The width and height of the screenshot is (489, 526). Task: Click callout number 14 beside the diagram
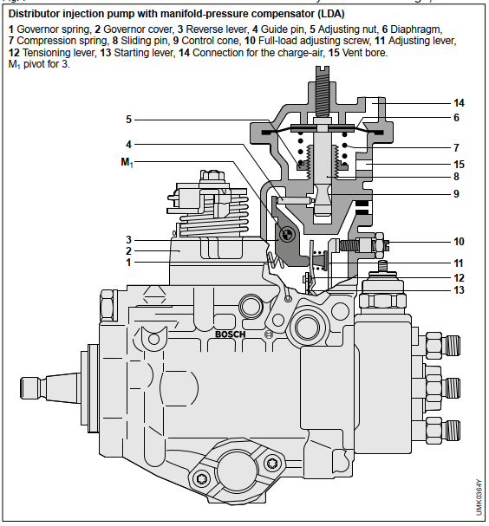tap(459, 103)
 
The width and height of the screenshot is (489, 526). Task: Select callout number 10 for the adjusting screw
tap(459, 242)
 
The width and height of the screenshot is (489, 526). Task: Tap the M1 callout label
tap(127, 162)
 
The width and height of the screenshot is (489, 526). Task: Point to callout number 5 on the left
tap(128, 120)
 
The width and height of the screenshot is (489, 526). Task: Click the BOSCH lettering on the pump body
tap(231, 334)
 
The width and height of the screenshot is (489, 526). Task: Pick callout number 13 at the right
tap(459, 289)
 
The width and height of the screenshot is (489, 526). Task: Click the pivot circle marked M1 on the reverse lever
tap(287, 234)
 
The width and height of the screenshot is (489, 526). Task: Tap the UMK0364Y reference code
tap(479, 497)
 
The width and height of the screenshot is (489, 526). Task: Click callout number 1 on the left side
tap(128, 263)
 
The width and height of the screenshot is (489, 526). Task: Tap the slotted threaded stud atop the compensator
tap(323, 91)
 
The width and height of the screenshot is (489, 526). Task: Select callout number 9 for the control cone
tap(456, 194)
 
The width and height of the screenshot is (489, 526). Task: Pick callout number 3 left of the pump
tap(128, 240)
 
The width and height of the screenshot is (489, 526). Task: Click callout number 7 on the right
tap(456, 147)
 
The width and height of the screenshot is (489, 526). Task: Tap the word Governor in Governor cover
tap(122, 29)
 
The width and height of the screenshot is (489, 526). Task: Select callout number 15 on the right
tap(459, 165)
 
